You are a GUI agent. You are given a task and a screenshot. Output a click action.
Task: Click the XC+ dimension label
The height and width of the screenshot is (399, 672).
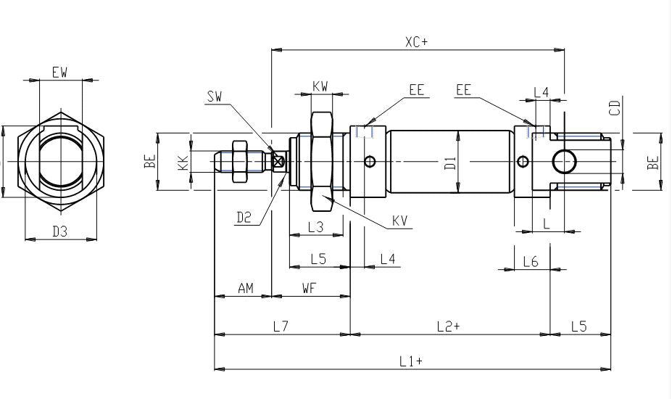click(416, 42)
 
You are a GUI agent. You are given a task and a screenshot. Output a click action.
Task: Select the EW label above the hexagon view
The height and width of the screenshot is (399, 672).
click(60, 72)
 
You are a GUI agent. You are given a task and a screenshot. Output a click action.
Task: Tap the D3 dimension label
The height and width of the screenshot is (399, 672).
click(60, 231)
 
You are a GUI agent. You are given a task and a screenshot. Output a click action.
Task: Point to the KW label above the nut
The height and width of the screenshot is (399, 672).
click(320, 86)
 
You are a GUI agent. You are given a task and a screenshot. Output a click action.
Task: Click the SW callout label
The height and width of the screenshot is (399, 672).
click(215, 96)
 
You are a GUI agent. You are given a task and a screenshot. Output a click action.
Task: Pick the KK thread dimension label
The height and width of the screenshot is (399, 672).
click(183, 163)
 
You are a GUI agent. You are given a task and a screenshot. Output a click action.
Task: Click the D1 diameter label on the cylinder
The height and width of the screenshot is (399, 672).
click(450, 163)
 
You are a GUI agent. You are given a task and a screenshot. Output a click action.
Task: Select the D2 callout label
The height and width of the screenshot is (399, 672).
click(244, 218)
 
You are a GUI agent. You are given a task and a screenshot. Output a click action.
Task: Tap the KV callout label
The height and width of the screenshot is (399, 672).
click(400, 221)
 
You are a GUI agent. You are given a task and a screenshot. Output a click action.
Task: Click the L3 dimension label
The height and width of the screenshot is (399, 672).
click(316, 227)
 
